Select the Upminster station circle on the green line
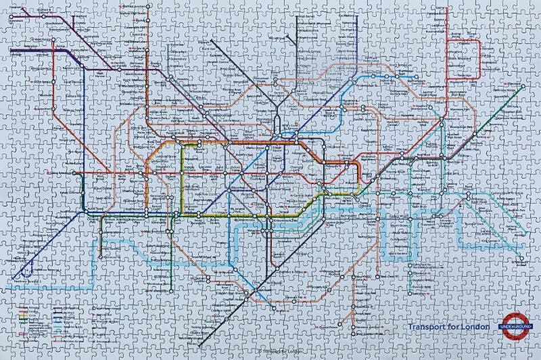521,87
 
